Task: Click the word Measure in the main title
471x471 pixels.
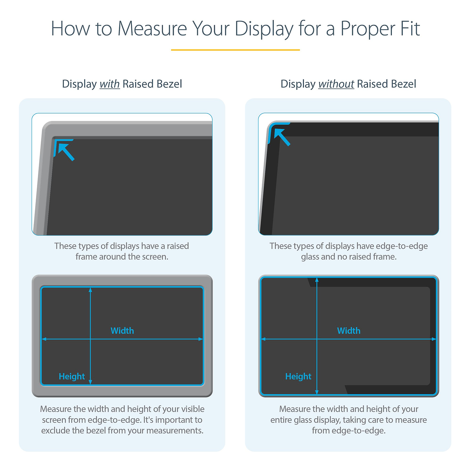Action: point(152,29)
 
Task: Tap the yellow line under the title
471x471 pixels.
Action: point(235,50)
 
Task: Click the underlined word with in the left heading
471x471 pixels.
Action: point(110,84)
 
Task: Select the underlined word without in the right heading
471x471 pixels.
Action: point(336,84)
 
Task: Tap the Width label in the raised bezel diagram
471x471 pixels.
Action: point(122,331)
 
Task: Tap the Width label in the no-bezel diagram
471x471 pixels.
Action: point(349,331)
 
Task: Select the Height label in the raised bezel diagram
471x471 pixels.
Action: point(72,376)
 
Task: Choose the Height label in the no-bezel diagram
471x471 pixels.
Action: point(298,376)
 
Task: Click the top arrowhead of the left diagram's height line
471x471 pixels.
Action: point(90,290)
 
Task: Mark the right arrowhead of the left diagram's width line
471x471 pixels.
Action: point(201,339)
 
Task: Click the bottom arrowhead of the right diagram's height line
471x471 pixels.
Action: point(317,392)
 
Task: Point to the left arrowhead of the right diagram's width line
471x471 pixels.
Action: point(263,339)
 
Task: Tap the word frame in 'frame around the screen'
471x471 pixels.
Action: point(86,257)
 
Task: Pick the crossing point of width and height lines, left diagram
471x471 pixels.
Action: point(90,339)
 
